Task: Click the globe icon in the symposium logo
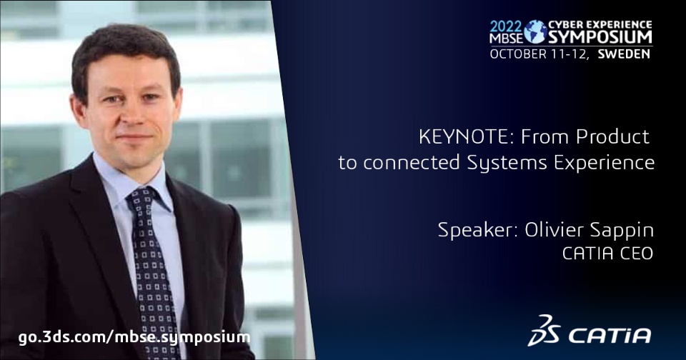tap(535, 31)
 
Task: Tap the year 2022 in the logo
tap(506, 26)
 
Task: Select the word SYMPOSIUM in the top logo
tap(600, 37)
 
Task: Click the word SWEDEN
tap(624, 54)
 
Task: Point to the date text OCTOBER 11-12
tap(540, 55)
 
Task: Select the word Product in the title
tap(612, 137)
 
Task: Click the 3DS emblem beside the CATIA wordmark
tap(543, 331)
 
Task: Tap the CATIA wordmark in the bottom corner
tap(610, 336)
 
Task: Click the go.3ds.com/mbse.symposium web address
tap(134, 337)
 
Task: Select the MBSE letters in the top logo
tap(506, 39)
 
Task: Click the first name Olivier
tap(553, 230)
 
